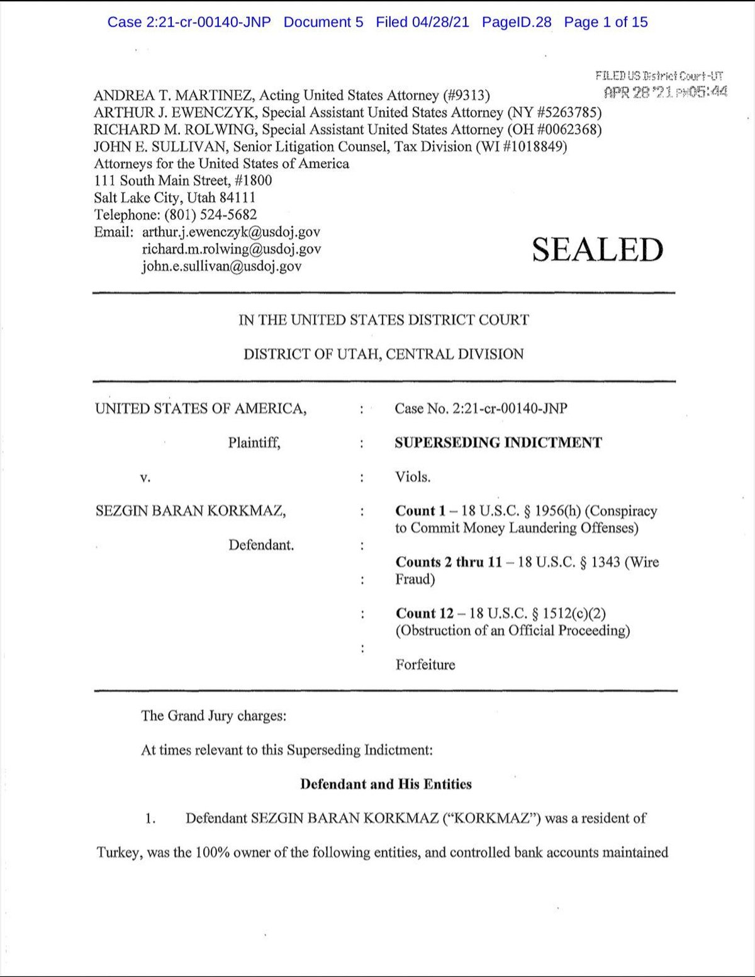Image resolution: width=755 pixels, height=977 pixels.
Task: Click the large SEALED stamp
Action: point(597,250)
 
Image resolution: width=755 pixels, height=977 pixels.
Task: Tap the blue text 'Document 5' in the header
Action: point(323,22)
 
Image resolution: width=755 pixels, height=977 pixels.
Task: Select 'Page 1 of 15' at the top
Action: point(605,22)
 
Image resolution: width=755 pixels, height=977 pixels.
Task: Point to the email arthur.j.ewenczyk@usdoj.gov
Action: point(231,232)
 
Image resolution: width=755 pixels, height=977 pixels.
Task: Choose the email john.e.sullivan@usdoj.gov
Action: point(221,266)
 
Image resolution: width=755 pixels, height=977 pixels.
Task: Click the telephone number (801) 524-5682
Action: point(211,215)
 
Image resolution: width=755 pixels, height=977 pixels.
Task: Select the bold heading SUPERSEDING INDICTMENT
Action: point(498,443)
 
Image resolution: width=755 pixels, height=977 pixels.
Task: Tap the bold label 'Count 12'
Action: point(425,613)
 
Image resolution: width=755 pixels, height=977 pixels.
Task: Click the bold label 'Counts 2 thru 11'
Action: point(449,562)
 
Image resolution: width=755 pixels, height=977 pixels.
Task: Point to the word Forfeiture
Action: point(425,665)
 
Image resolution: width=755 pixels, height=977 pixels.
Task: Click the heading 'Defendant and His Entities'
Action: point(386,784)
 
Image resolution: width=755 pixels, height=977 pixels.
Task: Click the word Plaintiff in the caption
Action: point(254,443)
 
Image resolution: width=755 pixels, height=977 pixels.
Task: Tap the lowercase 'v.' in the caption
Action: point(145,478)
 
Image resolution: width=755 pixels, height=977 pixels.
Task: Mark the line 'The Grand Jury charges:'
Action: point(213,716)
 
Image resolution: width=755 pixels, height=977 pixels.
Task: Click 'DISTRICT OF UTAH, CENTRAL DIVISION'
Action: point(384,354)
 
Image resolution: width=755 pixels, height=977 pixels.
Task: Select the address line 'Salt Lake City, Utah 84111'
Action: point(175,198)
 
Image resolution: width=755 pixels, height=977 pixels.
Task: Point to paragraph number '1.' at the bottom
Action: point(150,819)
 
